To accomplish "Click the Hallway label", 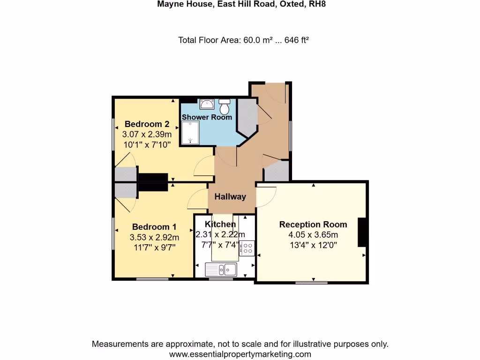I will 230,197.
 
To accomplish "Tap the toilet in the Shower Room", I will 225,107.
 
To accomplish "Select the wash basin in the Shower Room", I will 206,104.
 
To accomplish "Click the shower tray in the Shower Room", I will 190,133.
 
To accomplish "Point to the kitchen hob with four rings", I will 248,248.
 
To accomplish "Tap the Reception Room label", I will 313,224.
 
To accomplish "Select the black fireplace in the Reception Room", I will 362,232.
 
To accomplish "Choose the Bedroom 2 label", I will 147,124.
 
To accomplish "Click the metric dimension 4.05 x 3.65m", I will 313,235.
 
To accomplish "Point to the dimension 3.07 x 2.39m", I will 147,135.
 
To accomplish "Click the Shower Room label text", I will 207,117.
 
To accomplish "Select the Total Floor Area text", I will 243,40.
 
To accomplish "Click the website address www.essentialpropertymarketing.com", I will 240,354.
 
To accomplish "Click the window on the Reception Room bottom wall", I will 311,283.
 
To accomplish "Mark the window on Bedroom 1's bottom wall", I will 152,279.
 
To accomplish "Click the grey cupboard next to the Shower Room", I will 247,116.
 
